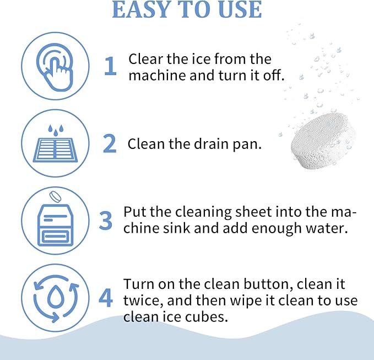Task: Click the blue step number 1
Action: (111, 66)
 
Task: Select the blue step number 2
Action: (110, 143)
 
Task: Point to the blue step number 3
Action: (106, 221)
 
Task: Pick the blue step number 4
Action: (106, 298)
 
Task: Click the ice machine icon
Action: (55, 225)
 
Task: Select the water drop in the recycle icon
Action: (55, 297)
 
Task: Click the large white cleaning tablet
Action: (322, 141)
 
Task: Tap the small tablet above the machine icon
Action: (55, 197)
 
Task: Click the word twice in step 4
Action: (143, 301)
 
